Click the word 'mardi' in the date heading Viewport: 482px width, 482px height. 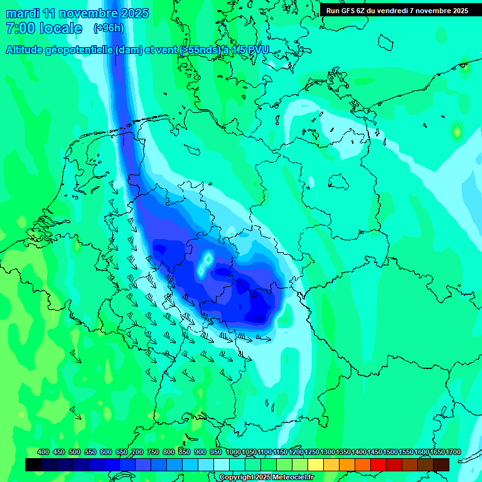pos(23,13)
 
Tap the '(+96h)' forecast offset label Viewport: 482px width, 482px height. pos(109,28)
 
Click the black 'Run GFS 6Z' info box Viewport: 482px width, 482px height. pos(397,10)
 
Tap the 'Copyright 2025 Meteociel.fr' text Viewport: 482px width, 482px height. pos(267,478)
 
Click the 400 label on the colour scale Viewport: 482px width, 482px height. pos(43,453)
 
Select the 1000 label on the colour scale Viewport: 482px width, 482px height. pos(233,453)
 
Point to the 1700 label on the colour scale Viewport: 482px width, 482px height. pos(453,453)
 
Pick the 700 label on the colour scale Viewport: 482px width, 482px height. pos(137,453)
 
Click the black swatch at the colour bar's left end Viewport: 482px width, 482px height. pos(33,464)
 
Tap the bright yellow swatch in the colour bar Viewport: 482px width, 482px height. pos(316,464)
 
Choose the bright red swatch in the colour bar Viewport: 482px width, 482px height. pos(378,464)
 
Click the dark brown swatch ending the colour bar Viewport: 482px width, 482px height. pos(441,464)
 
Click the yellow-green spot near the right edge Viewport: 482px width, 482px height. pos(457,131)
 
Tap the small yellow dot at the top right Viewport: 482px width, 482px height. pos(464,64)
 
